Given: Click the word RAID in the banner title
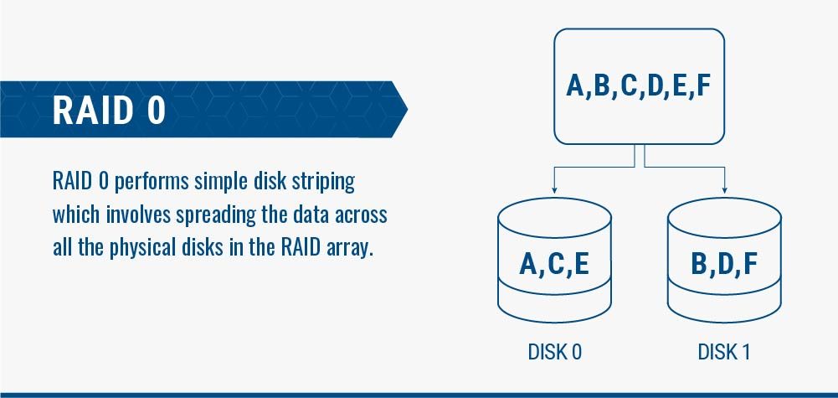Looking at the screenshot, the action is click(x=92, y=111).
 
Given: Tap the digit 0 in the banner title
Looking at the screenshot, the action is click(x=156, y=111).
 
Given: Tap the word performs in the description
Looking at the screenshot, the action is click(x=152, y=183).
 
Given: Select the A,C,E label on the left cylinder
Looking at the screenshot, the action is click(x=554, y=264).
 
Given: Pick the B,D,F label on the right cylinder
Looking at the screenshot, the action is click(x=724, y=264).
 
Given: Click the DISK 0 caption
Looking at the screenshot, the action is click(x=554, y=352).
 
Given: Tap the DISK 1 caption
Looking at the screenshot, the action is click(x=723, y=352).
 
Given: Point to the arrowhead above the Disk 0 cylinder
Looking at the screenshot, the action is click(x=554, y=190).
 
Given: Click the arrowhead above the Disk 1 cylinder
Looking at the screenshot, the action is click(x=724, y=190).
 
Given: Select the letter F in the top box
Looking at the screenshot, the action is click(x=702, y=85).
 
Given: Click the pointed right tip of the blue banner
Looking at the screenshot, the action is click(x=408, y=109).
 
